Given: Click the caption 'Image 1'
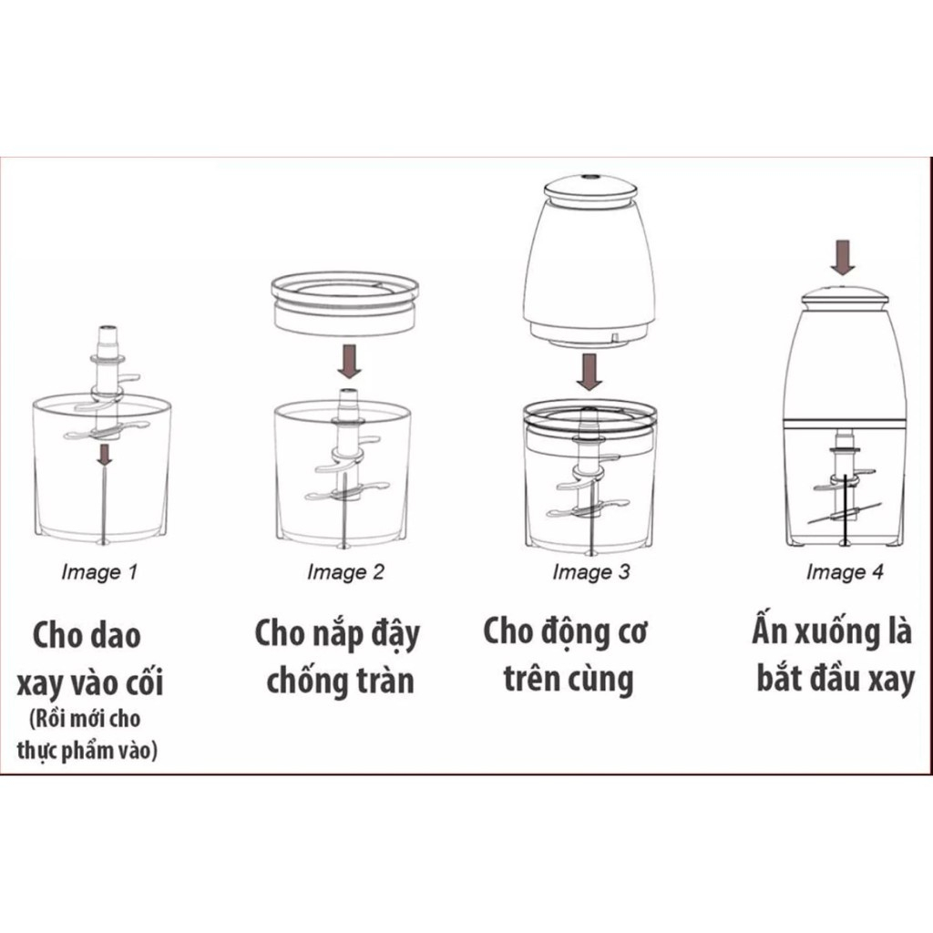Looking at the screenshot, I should [x=99, y=573].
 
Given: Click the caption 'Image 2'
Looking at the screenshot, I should [x=345, y=572].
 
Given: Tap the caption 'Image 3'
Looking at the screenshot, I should [x=590, y=572].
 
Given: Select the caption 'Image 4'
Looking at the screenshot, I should [x=845, y=572].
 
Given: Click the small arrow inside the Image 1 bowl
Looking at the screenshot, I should [x=106, y=453].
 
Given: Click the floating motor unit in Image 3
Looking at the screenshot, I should [x=590, y=264].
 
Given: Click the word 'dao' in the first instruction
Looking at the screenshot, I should [x=114, y=635].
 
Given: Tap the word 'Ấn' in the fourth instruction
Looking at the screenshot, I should [x=770, y=631].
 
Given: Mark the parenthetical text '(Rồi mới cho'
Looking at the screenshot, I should [x=84, y=720].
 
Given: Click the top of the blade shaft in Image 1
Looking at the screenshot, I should [x=106, y=333].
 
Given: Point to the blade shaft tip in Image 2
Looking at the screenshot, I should [x=346, y=394].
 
